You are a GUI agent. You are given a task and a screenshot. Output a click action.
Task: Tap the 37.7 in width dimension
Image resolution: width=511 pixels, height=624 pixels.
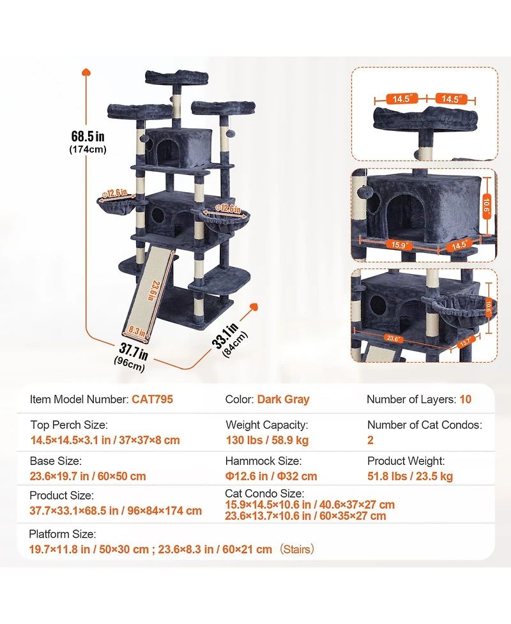(133, 351)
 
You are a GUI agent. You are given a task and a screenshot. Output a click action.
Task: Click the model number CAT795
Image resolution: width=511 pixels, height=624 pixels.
(152, 400)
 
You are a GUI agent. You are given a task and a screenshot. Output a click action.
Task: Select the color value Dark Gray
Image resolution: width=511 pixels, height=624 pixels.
(283, 400)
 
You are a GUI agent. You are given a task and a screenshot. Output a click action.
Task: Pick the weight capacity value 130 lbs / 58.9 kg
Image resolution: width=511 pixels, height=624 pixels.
(267, 440)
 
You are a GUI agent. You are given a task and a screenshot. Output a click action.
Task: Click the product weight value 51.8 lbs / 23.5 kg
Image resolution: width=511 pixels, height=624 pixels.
(410, 476)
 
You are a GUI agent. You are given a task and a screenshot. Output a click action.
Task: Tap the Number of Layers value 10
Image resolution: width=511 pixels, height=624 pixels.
(465, 400)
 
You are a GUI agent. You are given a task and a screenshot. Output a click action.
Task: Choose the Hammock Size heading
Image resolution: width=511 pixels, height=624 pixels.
(263, 460)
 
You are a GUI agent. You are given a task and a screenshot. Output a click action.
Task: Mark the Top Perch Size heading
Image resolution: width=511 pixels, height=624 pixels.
(68, 425)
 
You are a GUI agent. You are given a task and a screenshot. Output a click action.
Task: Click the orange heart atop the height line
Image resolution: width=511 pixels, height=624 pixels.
(87, 73)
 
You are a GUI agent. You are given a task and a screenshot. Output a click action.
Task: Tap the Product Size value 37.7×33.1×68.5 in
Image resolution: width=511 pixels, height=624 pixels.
(116, 511)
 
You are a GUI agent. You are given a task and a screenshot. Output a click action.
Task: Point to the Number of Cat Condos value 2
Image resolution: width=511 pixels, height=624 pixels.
(370, 440)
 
